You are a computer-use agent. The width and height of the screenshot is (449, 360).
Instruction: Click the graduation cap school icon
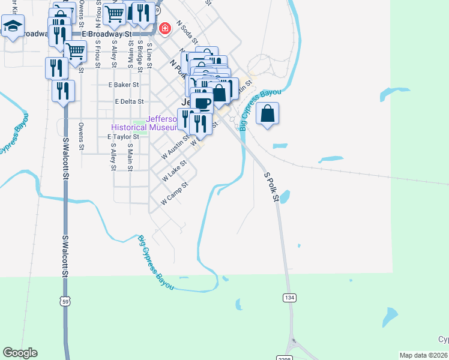click(12, 26)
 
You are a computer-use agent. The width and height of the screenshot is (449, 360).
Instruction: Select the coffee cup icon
click(202, 102)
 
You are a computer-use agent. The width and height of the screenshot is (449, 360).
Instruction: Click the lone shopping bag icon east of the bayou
click(268, 113)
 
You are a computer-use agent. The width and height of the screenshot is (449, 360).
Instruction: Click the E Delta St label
click(130, 102)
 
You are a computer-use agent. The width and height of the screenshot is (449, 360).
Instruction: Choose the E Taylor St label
click(123, 137)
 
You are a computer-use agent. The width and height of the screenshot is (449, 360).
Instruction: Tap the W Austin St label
click(176, 147)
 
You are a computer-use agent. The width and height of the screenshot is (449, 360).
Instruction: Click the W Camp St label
click(175, 194)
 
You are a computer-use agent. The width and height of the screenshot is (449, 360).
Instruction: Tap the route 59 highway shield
click(64, 302)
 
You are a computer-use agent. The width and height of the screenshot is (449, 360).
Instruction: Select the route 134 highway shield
click(290, 298)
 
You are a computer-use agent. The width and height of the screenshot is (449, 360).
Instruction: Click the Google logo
click(20, 353)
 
